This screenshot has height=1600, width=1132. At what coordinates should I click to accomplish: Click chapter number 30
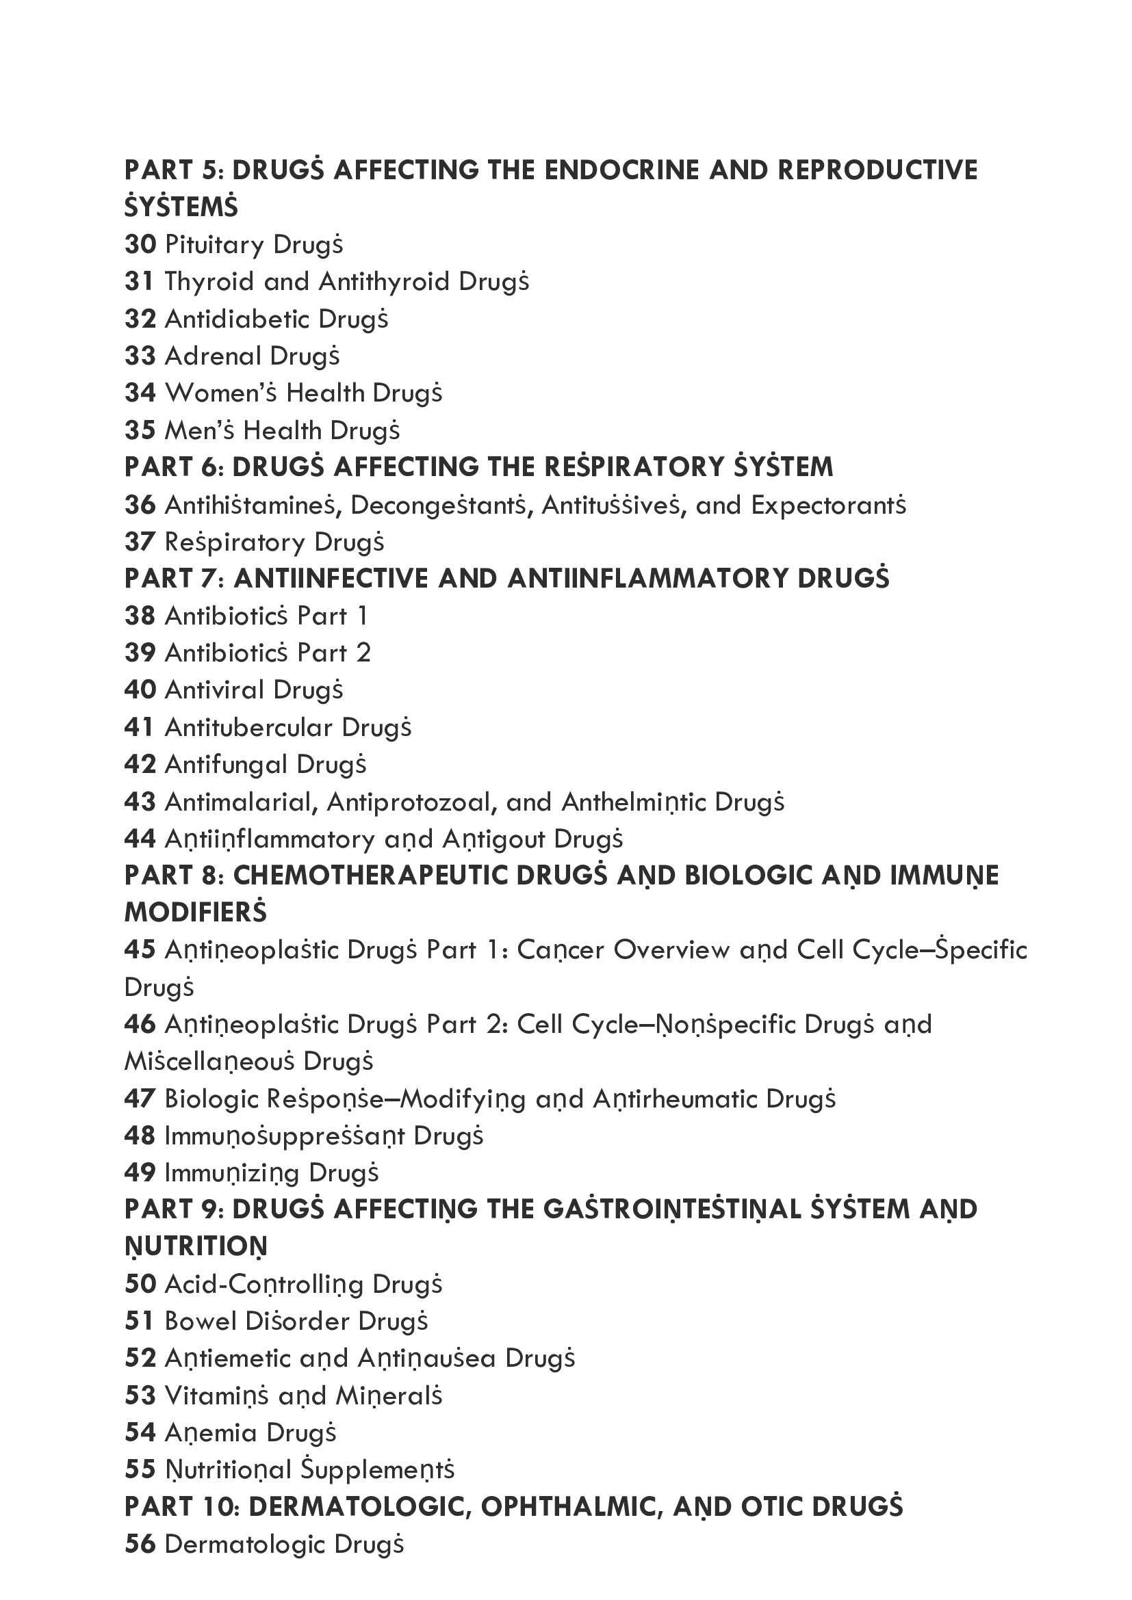140,245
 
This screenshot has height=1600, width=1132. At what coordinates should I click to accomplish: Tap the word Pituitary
214,245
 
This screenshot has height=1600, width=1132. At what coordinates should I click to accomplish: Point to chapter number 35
140,431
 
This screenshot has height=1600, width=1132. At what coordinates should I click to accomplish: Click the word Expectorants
828,506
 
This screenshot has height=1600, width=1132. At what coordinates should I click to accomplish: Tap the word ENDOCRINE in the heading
621,170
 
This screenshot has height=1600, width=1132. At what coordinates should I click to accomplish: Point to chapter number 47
140,1099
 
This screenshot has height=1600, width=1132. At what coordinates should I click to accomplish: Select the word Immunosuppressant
285,1136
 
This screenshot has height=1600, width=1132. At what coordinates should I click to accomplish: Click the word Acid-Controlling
263,1285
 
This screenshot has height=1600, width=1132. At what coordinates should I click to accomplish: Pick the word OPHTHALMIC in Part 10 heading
569,1506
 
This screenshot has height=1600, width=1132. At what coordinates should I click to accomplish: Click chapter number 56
140,1545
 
